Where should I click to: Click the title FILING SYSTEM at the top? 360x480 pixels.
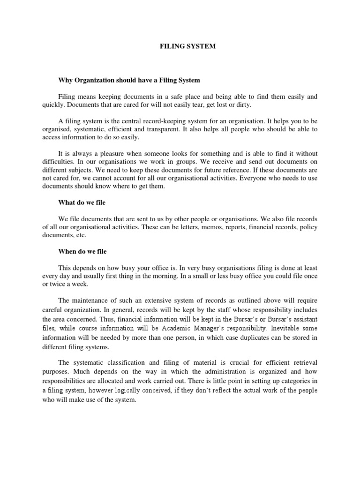pos(182,47)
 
